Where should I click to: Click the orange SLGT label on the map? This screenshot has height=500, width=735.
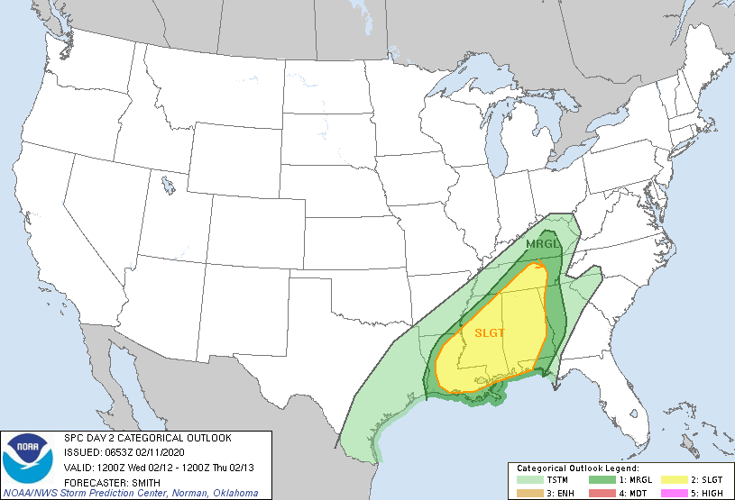tap(489, 332)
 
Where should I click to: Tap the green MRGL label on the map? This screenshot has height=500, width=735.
tap(542, 244)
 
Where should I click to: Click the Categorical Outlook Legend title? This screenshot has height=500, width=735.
tap(577, 469)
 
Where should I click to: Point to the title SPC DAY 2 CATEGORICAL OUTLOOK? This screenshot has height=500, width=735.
tap(148, 438)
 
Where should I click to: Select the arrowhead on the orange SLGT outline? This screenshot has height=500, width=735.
tap(540, 265)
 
